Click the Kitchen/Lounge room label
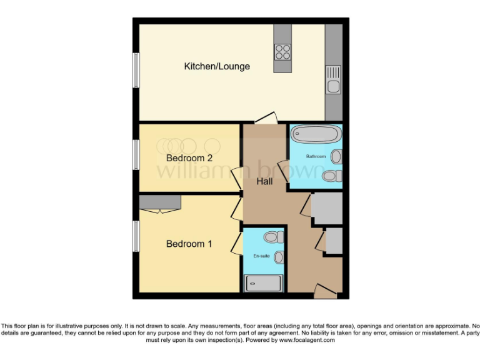(217, 66)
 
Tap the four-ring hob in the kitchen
(282, 51)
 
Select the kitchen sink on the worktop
(332, 80)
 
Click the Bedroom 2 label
(189, 158)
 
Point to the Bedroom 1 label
(189, 244)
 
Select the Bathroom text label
(316, 156)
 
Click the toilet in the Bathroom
(332, 176)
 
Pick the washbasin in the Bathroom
(337, 156)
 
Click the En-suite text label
(261, 256)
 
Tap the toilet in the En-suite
(272, 237)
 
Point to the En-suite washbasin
(279, 257)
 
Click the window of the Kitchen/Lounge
(135, 70)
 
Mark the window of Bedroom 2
(135, 154)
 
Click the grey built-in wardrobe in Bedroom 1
(160, 201)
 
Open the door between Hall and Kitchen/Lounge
(266, 119)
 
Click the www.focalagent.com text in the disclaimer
(307, 340)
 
